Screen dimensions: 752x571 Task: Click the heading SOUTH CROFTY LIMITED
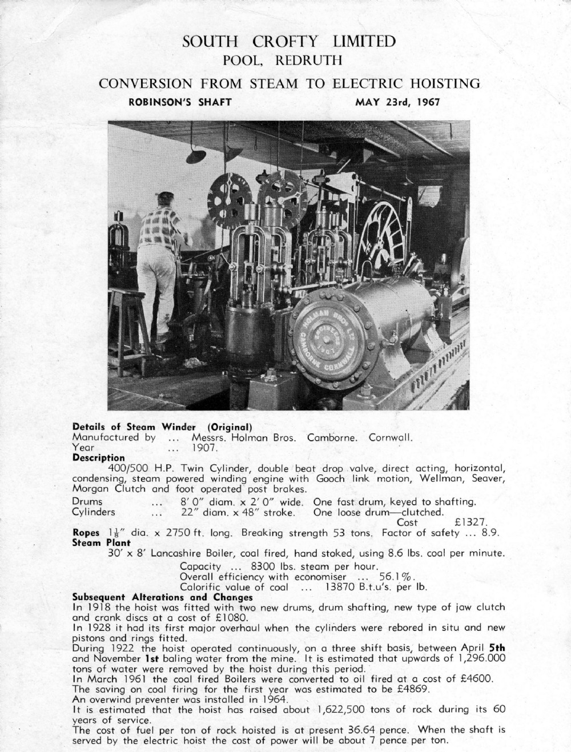click(288, 42)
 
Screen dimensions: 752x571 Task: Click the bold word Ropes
click(86, 533)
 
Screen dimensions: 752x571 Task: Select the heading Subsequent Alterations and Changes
click(163, 597)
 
